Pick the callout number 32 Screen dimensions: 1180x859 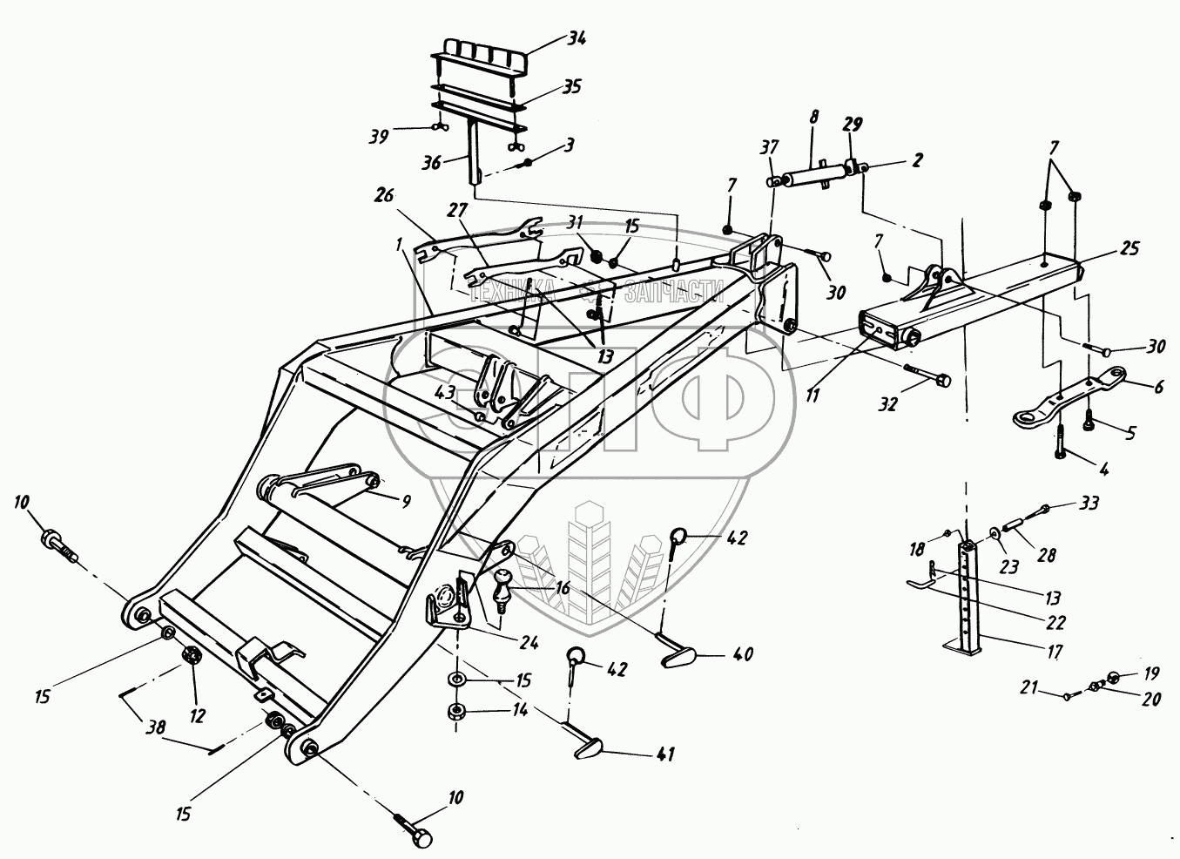pyautogui.click(x=887, y=403)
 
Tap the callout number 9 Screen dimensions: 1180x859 pyautogui.click(x=406, y=501)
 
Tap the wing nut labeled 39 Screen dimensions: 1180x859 pyautogui.click(x=438, y=126)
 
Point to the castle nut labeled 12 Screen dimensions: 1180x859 pyautogui.click(x=189, y=657)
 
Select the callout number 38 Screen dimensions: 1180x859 pyautogui.click(x=156, y=728)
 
